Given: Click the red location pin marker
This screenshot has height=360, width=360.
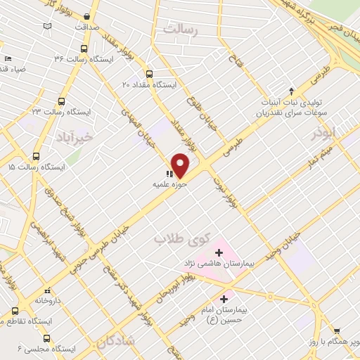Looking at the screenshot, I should (181, 166).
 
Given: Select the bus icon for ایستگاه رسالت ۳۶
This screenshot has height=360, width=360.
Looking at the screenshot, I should (84, 49).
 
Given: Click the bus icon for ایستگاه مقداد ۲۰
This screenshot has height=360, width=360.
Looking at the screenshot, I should (149, 74).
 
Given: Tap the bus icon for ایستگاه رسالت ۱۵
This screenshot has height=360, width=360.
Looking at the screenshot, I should (36, 157).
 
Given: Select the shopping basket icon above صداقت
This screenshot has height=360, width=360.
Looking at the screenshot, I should (86, 16).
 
